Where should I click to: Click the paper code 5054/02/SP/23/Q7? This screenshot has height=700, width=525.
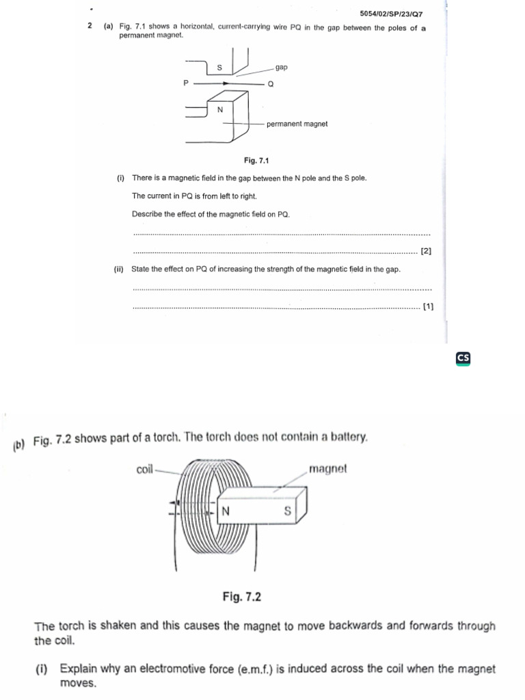395,14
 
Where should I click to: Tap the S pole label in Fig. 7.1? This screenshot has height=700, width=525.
219,68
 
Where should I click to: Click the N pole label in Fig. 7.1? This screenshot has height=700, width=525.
219,109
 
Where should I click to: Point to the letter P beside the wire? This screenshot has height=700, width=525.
185,83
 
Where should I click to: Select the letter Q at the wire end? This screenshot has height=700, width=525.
270,84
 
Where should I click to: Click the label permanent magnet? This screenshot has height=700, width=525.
297,124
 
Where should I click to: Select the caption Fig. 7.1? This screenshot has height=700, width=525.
257,161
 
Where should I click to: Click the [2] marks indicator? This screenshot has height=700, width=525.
426,251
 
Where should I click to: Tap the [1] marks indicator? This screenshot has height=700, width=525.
428,307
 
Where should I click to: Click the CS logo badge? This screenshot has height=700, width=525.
463,358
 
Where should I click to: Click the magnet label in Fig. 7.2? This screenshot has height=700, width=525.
328,470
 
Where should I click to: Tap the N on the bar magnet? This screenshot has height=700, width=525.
226,511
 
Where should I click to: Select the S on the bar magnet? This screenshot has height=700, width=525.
287,511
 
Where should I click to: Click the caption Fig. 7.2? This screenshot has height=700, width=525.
241,597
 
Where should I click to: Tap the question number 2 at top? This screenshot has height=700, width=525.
90,26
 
